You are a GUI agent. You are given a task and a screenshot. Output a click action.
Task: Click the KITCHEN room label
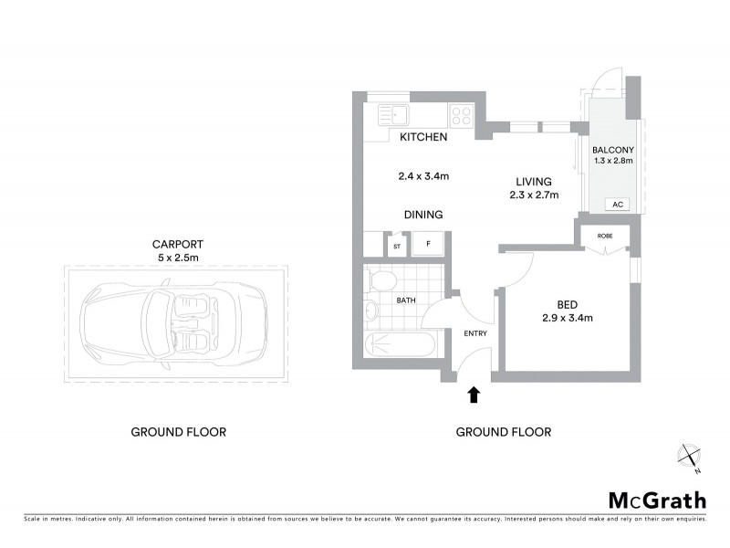(423, 138)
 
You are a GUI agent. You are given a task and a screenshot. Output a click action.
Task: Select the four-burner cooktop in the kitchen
(461, 116)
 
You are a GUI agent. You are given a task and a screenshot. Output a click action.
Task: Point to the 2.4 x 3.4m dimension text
(422, 176)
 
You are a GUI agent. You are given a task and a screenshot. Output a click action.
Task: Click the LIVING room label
(534, 181)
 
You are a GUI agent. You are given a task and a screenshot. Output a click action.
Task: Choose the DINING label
(423, 215)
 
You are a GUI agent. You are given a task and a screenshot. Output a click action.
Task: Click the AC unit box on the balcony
(617, 204)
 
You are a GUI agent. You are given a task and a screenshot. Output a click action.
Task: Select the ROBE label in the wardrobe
(604, 235)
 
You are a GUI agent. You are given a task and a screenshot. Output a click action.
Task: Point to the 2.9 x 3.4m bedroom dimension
(568, 319)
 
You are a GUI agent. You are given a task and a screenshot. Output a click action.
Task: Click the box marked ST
(397, 246)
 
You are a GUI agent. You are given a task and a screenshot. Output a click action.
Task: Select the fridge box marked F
(427, 245)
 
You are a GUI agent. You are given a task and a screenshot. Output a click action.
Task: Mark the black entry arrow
(474, 395)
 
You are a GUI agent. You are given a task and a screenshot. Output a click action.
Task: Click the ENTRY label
(475, 333)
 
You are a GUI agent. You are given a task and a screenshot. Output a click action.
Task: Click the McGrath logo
(657, 500)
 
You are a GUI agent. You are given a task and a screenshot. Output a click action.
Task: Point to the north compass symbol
(689, 457)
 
